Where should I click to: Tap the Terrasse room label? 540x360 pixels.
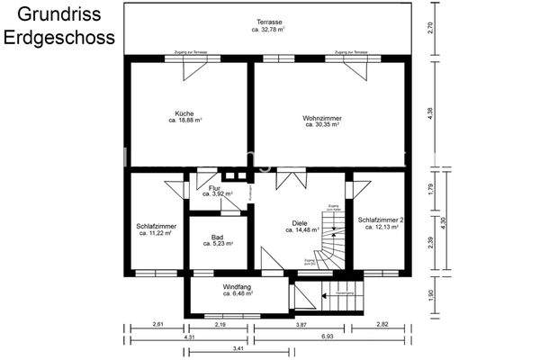(267, 22)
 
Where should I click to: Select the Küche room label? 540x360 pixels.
(184, 113)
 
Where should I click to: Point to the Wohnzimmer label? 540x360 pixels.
(321, 118)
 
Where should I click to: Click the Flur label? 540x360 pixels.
(214, 188)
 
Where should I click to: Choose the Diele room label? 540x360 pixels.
(300, 222)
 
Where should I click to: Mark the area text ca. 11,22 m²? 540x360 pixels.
(157, 232)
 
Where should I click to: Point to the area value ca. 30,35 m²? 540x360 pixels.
(321, 125)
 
